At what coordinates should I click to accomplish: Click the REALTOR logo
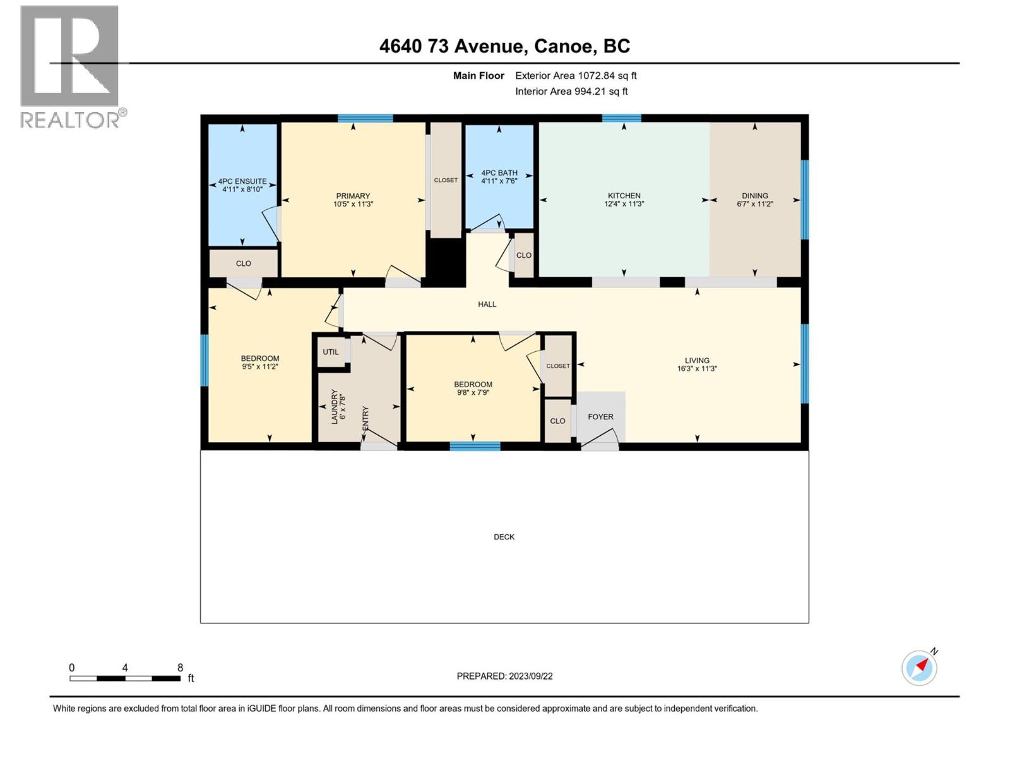(x=71, y=66)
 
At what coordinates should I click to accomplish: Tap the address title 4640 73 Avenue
(x=504, y=46)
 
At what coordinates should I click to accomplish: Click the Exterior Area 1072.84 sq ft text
(x=576, y=76)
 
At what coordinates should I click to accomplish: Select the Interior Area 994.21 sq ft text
(x=571, y=92)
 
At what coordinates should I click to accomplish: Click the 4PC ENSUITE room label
(x=242, y=181)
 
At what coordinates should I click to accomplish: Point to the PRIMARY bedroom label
(x=353, y=196)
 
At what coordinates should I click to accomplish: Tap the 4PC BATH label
(x=499, y=172)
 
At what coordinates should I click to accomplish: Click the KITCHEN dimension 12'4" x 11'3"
(x=624, y=204)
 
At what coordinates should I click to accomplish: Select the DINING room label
(x=755, y=196)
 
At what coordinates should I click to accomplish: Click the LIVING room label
(x=697, y=360)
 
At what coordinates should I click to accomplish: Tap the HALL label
(x=487, y=304)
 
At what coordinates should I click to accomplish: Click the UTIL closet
(x=331, y=352)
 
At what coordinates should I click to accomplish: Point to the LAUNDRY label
(x=335, y=407)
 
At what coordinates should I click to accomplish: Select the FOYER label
(x=600, y=417)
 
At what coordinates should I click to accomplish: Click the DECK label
(x=504, y=537)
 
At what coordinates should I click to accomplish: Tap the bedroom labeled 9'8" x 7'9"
(x=473, y=388)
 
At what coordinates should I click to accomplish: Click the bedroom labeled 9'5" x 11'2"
(x=260, y=363)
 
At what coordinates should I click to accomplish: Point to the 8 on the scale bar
(x=180, y=668)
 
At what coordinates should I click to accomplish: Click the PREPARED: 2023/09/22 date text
(x=504, y=676)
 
